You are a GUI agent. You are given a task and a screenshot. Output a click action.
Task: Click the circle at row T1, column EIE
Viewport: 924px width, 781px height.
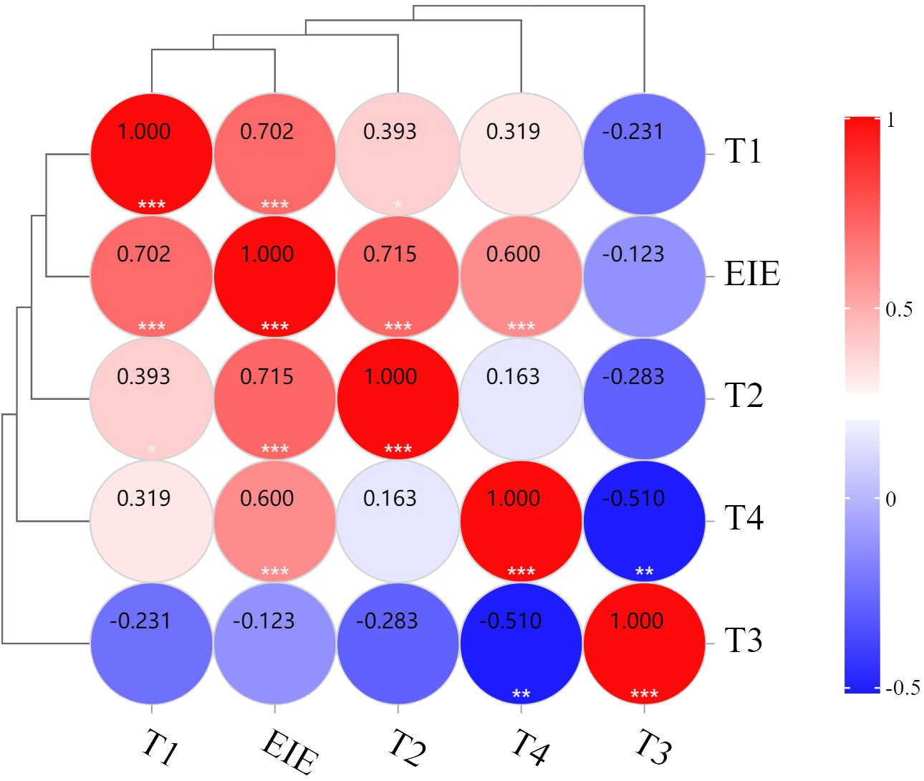pyautogui.click(x=275, y=154)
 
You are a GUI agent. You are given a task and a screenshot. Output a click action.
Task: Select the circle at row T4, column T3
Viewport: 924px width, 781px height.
pyautogui.click(x=644, y=522)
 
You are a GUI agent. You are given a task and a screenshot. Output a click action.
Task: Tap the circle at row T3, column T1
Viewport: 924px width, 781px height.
pyautogui.click(x=152, y=644)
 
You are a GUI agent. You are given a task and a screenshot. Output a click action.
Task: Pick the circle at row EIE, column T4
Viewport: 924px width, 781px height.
pyautogui.click(x=521, y=277)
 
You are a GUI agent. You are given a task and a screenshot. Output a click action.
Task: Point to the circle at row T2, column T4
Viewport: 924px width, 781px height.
pyautogui.click(x=521, y=399)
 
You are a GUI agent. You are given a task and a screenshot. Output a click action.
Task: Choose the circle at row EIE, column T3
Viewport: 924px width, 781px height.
pyautogui.click(x=644, y=277)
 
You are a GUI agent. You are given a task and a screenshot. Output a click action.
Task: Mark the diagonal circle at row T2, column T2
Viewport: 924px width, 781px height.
pyautogui.click(x=398, y=399)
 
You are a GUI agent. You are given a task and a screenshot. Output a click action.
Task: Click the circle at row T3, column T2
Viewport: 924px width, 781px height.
pyautogui.click(x=398, y=644)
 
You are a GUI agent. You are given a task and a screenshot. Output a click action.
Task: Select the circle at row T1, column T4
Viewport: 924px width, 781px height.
pyautogui.click(x=521, y=154)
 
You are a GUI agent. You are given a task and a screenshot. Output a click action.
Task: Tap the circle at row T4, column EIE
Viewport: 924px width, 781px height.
pyautogui.click(x=275, y=522)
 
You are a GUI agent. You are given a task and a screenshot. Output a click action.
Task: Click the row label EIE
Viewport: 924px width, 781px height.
pyautogui.click(x=751, y=274)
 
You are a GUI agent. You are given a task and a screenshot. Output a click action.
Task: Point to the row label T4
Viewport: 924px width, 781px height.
pyautogui.click(x=743, y=518)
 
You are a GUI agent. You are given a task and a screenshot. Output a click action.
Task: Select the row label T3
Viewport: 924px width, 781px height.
pyautogui.click(x=743, y=641)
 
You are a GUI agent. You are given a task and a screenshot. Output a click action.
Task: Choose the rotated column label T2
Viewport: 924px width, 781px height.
pyautogui.click(x=407, y=747)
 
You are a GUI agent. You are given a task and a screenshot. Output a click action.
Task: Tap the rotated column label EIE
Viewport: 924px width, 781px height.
pyautogui.click(x=289, y=751)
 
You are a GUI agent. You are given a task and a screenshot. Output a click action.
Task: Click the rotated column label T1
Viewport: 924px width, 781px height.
pyautogui.click(x=160, y=747)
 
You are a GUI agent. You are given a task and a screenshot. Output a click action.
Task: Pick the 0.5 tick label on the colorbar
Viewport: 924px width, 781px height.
pyautogui.click(x=899, y=310)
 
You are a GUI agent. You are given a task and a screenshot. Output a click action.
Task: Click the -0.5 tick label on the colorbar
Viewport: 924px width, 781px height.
pyautogui.click(x=903, y=689)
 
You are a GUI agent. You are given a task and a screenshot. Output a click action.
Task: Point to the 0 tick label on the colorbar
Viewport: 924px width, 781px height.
pyautogui.click(x=891, y=499)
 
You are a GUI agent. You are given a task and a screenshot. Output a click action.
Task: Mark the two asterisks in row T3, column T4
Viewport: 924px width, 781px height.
pyautogui.click(x=521, y=694)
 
